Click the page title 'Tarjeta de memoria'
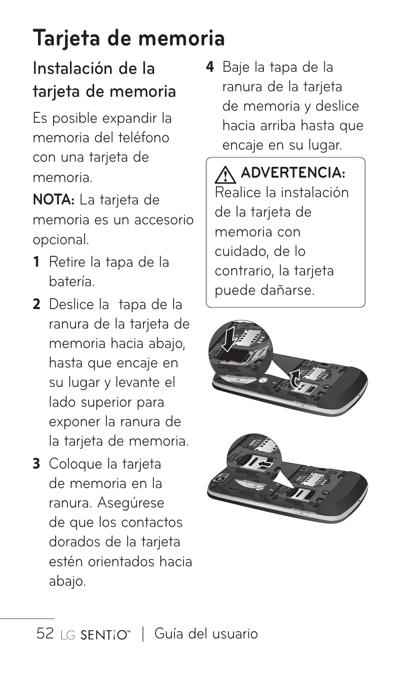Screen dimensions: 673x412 [x=129, y=38]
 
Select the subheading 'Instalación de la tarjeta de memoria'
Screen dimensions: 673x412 [x=104, y=80]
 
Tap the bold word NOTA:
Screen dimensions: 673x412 [x=54, y=200]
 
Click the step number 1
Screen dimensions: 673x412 [x=37, y=262]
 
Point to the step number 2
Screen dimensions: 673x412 [x=37, y=305]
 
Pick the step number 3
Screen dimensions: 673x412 [x=37, y=464]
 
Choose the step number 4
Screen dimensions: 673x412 [x=210, y=67]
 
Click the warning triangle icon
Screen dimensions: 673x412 [x=225, y=174]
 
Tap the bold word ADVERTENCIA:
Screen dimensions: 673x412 [x=293, y=173]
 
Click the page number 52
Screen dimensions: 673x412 [x=45, y=634]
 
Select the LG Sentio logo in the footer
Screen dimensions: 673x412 [x=95, y=635]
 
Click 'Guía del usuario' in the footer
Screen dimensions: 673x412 [x=206, y=634]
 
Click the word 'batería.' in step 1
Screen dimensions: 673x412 [x=72, y=282]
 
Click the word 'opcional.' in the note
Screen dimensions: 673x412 [x=61, y=240]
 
